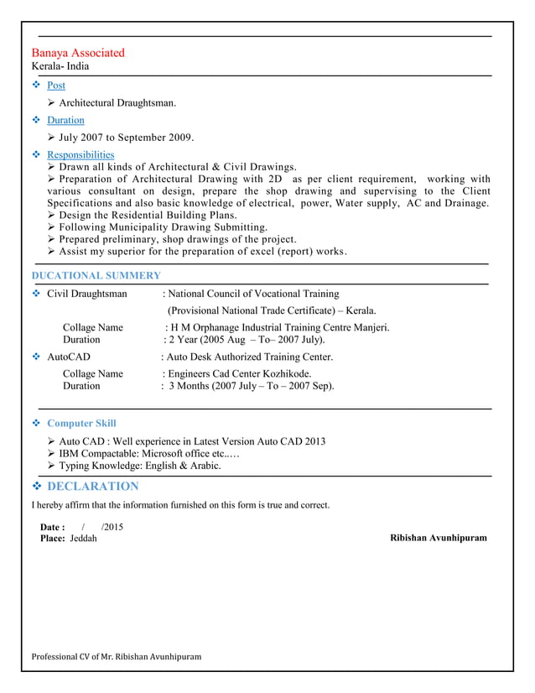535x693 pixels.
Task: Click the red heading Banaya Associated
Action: pos(78,53)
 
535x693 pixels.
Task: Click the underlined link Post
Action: pos(56,86)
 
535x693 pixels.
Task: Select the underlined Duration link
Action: pos(65,120)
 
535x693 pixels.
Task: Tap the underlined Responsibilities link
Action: pos(81,154)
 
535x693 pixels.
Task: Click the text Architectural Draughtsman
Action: pos(117,102)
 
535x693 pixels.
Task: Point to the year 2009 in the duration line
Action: pos(180,137)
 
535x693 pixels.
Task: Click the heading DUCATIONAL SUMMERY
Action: pos(96,275)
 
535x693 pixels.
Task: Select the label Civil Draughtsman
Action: pos(86,294)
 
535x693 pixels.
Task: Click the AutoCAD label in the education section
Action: pos(68,357)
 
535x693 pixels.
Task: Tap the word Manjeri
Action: pos(370,327)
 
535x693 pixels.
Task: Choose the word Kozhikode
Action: pos(285,373)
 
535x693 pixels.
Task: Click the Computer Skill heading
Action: pos(81,423)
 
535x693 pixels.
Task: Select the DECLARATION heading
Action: pos(93,487)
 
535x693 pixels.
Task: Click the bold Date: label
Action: pos(53,527)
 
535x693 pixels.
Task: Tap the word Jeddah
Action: pos(83,538)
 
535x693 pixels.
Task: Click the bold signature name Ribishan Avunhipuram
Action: pos(438,537)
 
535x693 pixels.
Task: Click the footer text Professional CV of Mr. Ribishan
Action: pos(116,656)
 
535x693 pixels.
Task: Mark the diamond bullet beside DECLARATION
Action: pos(37,487)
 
